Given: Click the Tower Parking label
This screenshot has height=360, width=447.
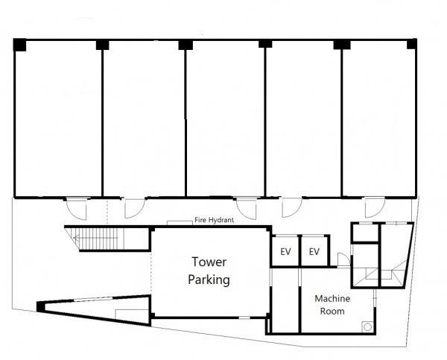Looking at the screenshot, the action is [x=209, y=271].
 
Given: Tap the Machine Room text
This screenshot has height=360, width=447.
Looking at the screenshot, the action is [x=332, y=305].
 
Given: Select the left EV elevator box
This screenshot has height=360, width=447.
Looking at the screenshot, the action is [x=285, y=251].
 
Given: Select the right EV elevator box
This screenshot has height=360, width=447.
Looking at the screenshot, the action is [x=314, y=251].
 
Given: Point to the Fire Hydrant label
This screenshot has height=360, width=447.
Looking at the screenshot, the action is [x=214, y=220].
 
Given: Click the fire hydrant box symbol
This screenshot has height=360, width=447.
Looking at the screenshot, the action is [x=180, y=223].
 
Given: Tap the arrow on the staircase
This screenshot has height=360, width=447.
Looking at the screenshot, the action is [x=95, y=238].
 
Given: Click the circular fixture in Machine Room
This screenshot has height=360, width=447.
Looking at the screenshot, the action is [x=368, y=327].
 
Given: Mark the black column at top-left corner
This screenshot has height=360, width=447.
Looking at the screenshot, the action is [x=19, y=45].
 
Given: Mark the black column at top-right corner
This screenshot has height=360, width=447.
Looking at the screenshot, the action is [x=412, y=44].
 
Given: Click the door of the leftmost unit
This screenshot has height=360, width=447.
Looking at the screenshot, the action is [x=76, y=209].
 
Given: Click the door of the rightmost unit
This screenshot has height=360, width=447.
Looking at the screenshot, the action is [x=375, y=207].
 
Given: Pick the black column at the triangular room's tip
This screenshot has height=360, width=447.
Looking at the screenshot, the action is [x=41, y=306].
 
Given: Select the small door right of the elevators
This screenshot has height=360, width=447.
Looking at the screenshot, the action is [x=343, y=259].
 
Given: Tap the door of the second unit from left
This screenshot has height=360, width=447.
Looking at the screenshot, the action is [x=135, y=208].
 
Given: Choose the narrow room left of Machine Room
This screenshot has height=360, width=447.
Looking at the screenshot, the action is [x=285, y=300].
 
